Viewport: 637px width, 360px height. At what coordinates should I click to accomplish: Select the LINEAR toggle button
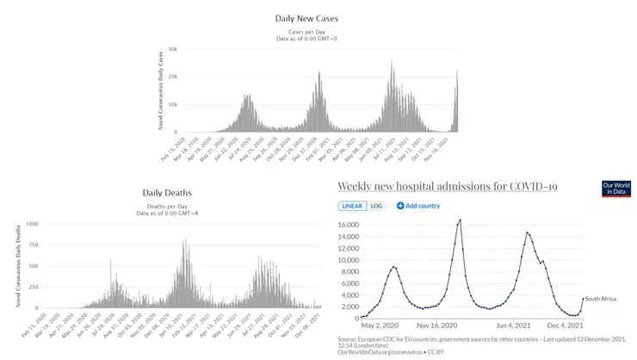[x=353, y=206]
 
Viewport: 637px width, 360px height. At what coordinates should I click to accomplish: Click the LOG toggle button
[x=376, y=206]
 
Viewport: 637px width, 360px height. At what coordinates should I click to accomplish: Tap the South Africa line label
[x=603, y=299]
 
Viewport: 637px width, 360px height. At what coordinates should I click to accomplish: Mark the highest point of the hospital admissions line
[x=460, y=220]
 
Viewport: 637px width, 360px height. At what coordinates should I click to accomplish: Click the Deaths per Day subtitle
[x=167, y=206]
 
